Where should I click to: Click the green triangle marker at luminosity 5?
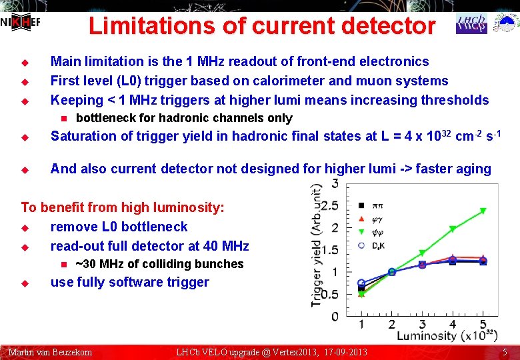(x=483, y=211)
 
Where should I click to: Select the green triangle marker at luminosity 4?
(x=453, y=229)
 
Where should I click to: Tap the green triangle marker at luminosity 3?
(x=422, y=253)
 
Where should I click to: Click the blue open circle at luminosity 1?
(x=361, y=283)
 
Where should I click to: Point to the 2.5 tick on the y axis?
(x=329, y=205)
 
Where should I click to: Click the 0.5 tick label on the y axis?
(x=329, y=294)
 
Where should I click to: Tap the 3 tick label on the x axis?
(x=422, y=325)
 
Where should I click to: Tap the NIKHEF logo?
(x=20, y=22)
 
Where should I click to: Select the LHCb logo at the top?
(x=471, y=23)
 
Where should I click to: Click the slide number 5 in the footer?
(x=505, y=352)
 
